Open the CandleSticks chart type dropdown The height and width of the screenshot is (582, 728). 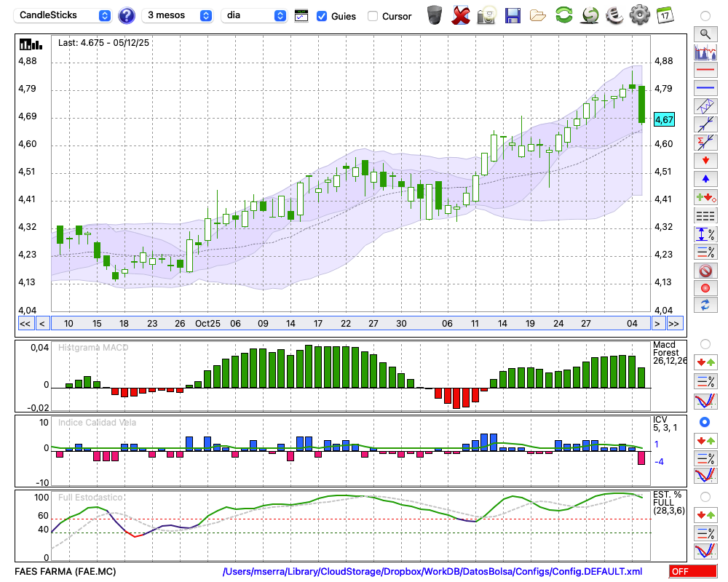tap(64, 15)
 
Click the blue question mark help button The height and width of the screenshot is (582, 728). tap(126, 15)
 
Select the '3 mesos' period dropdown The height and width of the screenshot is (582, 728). tap(178, 15)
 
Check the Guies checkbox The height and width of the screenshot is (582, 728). tap(322, 16)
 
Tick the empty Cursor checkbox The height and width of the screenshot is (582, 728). tap(373, 16)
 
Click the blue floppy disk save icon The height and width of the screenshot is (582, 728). tap(513, 15)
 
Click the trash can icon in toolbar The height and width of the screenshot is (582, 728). tap(435, 15)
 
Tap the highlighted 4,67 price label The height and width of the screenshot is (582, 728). tap(665, 119)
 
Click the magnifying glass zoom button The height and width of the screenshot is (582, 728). tap(705, 33)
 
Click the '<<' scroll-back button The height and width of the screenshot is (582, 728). tap(25, 323)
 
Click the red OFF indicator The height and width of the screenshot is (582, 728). tap(689, 572)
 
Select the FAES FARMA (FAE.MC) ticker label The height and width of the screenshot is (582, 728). tap(65, 572)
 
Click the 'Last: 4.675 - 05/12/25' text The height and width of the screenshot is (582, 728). tap(103, 43)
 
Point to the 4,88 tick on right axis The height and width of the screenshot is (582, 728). tap(663, 61)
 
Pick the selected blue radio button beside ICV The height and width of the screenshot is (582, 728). tap(705, 422)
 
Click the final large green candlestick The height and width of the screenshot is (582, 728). tap(641, 105)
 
